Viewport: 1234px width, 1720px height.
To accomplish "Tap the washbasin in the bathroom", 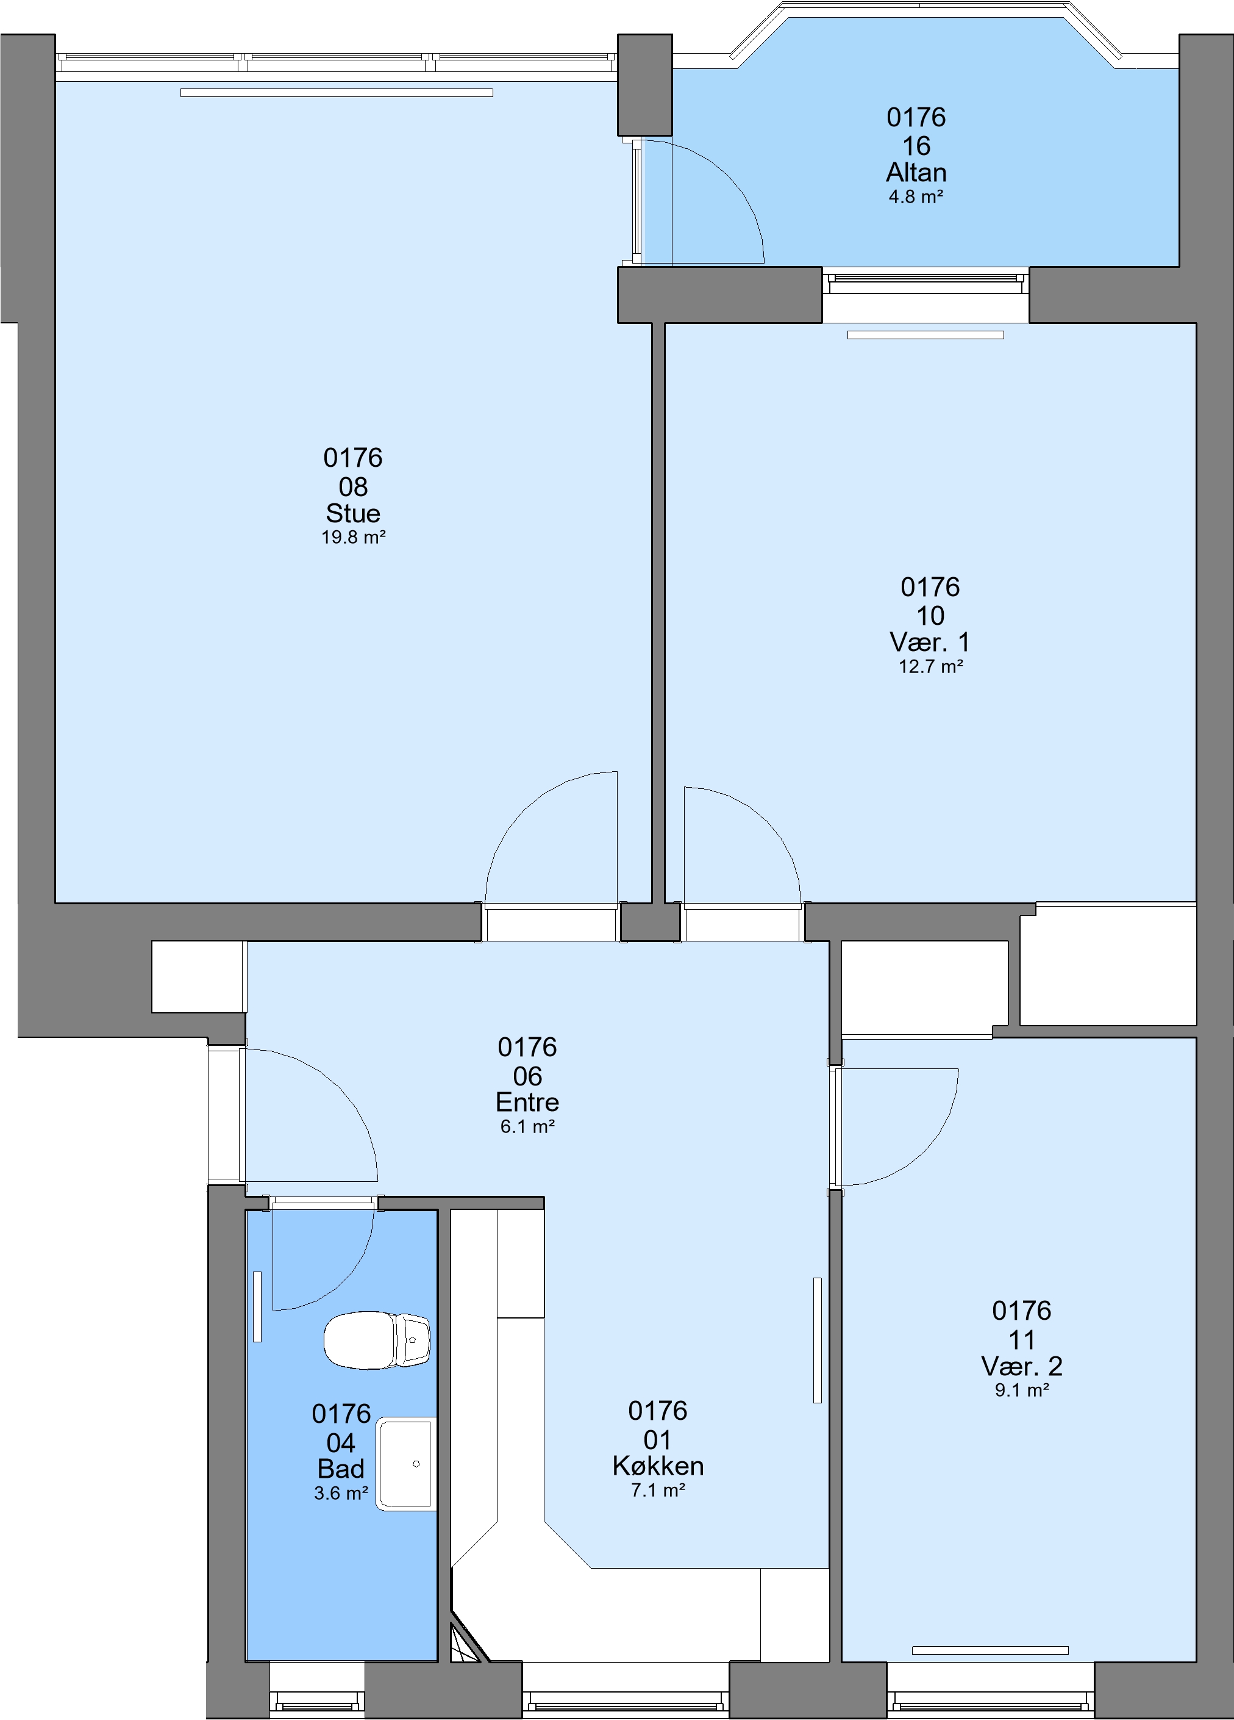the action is point(406,1464).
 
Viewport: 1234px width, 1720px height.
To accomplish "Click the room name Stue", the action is point(353,513).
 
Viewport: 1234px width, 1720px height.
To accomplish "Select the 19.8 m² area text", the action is point(353,538).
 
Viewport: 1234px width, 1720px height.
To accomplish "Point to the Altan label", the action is point(916,173).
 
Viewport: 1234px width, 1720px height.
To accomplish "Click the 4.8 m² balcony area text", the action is point(916,197).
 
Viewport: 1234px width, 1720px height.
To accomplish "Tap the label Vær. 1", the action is point(930,642).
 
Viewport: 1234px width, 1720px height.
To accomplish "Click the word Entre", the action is point(527,1102).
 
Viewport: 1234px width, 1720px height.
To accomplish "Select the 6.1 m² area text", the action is point(527,1127).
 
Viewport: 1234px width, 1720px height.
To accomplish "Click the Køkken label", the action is point(658,1466).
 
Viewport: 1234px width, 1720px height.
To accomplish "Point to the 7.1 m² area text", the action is point(658,1490).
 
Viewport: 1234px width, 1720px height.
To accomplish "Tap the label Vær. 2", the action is point(1022,1366).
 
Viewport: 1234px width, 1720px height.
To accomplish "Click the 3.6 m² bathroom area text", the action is point(341,1493).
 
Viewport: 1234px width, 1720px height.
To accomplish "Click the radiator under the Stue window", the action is point(337,93).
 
